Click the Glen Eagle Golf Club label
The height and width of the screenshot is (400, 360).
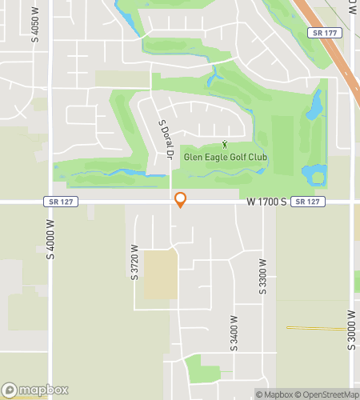coord(225,158)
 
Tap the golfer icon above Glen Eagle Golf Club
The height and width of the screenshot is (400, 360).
coord(225,145)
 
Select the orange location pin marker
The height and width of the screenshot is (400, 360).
coord(181,199)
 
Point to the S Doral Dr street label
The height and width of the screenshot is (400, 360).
coord(166,139)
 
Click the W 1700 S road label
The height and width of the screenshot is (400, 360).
coord(266,202)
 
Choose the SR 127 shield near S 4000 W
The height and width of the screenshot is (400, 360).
coord(61,202)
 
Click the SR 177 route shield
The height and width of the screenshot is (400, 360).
coord(323,33)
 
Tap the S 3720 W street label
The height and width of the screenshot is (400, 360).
coord(134,262)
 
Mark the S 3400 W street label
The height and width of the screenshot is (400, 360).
coord(234,333)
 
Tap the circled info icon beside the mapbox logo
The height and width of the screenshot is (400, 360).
coord(9,391)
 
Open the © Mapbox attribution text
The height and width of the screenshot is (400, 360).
coord(275,394)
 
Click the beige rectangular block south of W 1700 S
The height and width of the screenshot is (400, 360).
coord(159,274)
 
